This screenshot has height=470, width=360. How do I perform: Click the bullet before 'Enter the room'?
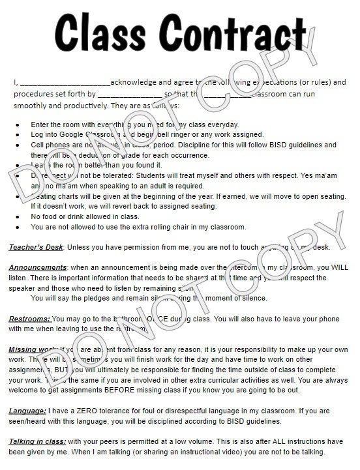coord(16,125)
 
